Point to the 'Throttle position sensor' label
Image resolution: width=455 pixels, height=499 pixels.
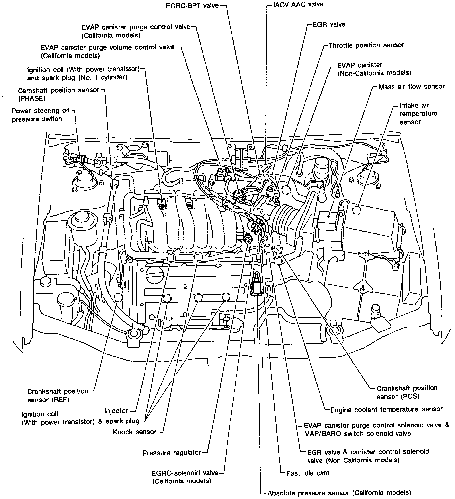click(x=366, y=45)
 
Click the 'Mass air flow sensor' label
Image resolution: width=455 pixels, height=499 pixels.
click(x=411, y=87)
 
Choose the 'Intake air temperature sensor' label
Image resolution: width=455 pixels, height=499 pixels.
click(x=418, y=114)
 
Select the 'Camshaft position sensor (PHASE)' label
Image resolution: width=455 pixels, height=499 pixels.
click(x=58, y=94)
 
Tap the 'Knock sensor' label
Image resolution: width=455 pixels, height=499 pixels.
click(x=135, y=432)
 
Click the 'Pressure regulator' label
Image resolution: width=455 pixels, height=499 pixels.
click(x=172, y=453)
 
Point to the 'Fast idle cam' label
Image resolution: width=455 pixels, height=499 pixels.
click(x=308, y=473)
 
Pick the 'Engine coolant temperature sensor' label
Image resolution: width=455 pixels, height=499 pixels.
click(x=386, y=410)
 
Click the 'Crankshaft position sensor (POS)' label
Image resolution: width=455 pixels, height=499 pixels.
click(x=407, y=392)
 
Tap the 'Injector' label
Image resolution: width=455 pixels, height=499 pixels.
click(x=116, y=411)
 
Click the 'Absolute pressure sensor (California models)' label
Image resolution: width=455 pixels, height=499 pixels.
click(x=339, y=493)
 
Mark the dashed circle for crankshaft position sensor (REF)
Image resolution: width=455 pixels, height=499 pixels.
click(x=118, y=297)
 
